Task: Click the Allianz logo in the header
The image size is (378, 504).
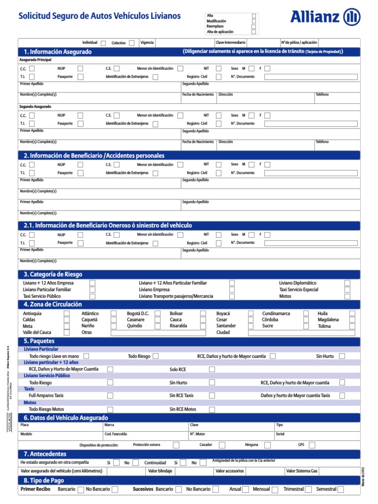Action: (325, 17)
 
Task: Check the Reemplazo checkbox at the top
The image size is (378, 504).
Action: (254, 27)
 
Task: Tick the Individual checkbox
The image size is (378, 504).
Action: (103, 43)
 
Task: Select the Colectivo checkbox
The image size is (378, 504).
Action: (132, 43)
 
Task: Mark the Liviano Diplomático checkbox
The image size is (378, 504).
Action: (347, 283)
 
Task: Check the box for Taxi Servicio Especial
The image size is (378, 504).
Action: (347, 290)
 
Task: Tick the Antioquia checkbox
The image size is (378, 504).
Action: (67, 314)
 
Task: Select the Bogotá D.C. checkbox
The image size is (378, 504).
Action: (158, 314)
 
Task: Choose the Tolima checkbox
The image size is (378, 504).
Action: (352, 326)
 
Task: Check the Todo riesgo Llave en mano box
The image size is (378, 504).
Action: (87, 356)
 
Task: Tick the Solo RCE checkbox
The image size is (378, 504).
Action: (212, 369)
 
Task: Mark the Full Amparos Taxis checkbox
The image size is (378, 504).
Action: (110, 396)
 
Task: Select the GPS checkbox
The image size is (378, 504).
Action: (314, 445)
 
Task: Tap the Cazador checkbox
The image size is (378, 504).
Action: (222, 445)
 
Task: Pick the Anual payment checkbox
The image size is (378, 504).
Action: (247, 489)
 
